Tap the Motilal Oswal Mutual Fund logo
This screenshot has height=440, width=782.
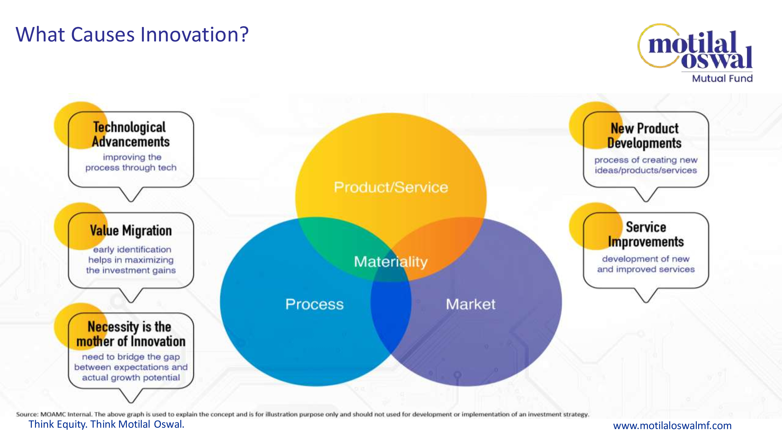point(695,53)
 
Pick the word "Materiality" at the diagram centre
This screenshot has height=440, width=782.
point(391,262)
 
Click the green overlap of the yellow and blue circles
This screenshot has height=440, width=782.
point(340,243)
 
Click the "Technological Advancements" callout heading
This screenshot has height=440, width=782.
point(131,134)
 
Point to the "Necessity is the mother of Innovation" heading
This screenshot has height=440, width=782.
point(131,334)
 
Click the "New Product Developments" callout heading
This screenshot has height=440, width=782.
point(645,136)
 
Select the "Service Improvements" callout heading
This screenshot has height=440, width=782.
point(646,234)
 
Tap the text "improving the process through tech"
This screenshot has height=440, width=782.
point(131,163)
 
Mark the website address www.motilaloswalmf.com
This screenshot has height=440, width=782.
point(672,425)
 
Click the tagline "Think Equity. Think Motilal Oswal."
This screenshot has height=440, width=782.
point(106,424)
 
